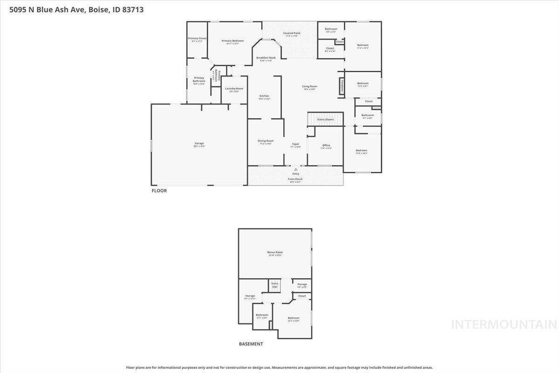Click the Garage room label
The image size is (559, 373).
[x=199, y=143]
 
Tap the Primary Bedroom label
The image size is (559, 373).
[x=232, y=41]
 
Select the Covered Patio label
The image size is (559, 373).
[x=292, y=33]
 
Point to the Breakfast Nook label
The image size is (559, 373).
[x=266, y=58]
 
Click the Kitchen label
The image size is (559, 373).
[x=264, y=96]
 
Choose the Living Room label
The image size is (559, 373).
[x=309, y=86]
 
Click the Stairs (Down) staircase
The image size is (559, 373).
[x=325, y=119]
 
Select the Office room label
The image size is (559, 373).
[x=326, y=145]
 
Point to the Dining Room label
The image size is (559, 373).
[x=266, y=141]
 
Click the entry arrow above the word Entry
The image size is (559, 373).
[x=295, y=169]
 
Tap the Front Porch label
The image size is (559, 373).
[x=295, y=179]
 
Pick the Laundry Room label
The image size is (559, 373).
[x=234, y=89]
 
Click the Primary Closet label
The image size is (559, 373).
[x=197, y=38]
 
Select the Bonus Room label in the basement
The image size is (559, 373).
[x=275, y=252]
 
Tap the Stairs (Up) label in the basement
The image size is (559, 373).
[x=275, y=284]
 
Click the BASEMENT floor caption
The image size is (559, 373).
[x=251, y=344]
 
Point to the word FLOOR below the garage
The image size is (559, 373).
[x=159, y=191]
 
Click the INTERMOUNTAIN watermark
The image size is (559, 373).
[x=504, y=325]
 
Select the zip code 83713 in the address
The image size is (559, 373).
[x=132, y=9]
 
